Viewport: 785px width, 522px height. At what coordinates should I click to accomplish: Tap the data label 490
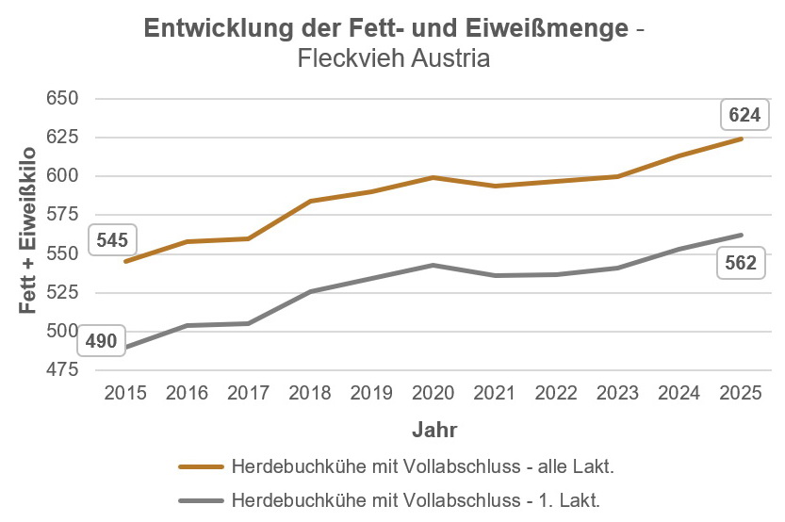click(x=102, y=341)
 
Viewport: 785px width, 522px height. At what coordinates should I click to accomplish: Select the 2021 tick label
click(x=496, y=392)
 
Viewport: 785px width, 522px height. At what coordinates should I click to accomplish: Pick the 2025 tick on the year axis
click(x=742, y=392)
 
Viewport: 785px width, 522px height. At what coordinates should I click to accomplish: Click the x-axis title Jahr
click(x=434, y=431)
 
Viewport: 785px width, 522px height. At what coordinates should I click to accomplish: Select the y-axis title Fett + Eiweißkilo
click(x=28, y=231)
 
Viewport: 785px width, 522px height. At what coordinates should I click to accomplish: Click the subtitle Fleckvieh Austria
click(x=393, y=58)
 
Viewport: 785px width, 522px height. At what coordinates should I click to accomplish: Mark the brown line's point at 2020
click(x=434, y=177)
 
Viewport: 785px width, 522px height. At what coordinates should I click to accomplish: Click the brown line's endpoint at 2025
click(x=742, y=139)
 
